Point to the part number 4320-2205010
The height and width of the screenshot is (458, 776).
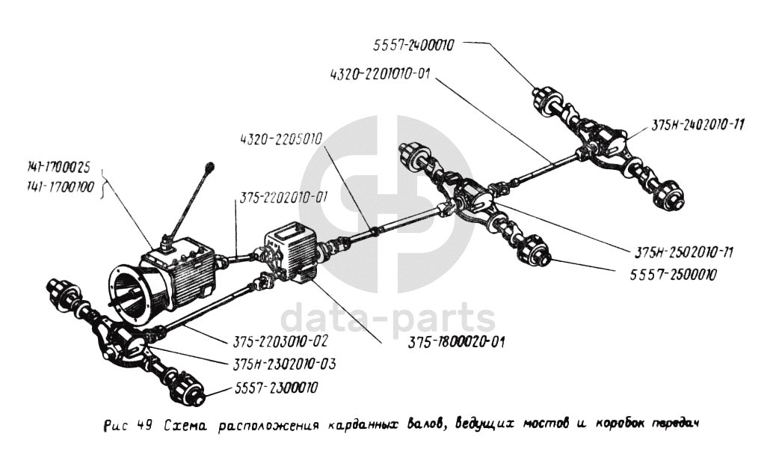pyautogui.click(x=280, y=139)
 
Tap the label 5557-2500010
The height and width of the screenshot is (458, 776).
pyautogui.click(x=668, y=274)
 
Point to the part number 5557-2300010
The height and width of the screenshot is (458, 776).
pyautogui.click(x=274, y=388)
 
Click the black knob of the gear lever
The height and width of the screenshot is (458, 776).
pyautogui.click(x=211, y=165)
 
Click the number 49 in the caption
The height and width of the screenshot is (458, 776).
pyautogui.click(x=144, y=427)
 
